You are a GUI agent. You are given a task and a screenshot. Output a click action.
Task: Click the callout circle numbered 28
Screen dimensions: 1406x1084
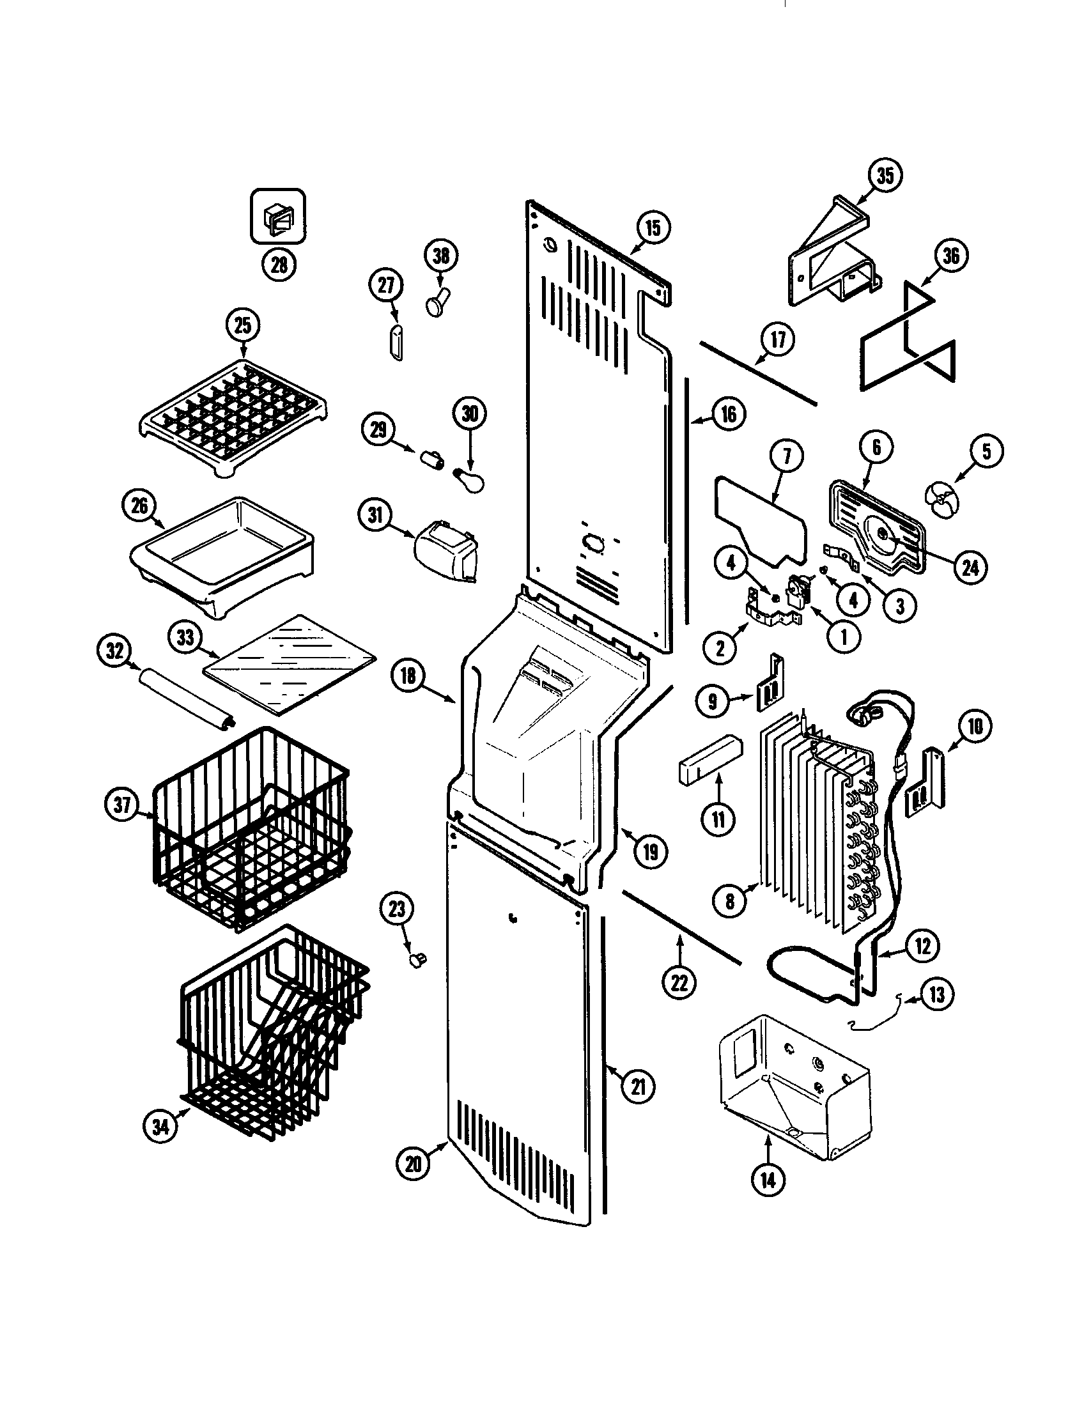(279, 265)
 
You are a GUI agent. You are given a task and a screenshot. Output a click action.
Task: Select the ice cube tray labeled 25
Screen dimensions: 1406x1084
(233, 417)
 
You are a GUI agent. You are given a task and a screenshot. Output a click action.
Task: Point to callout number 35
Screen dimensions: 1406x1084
(885, 174)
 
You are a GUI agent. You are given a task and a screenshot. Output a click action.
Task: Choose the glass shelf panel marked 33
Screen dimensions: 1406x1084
(290, 665)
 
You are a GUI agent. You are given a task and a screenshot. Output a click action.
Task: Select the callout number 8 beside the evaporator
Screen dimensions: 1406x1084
(729, 901)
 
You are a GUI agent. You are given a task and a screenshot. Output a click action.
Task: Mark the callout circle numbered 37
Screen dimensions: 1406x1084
(123, 805)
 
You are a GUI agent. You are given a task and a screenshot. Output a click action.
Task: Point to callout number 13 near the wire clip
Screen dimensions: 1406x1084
(936, 994)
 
